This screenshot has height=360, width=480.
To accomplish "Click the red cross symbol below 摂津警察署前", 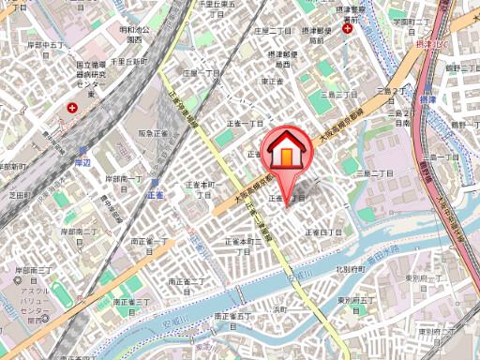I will click(x=348, y=29).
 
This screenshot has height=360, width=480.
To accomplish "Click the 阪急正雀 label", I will click(x=153, y=135).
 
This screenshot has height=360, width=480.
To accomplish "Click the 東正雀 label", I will click(x=273, y=82).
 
